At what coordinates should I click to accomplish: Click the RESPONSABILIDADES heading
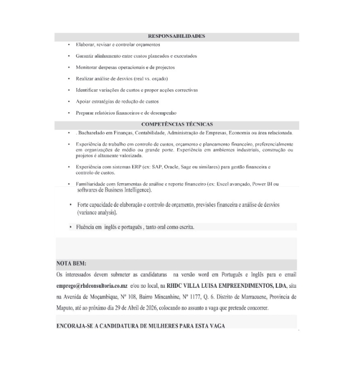(x=176, y=36)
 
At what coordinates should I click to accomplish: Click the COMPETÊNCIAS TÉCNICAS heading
(x=176, y=124)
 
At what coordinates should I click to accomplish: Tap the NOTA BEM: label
(x=71, y=264)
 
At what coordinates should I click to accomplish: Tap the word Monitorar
(x=86, y=67)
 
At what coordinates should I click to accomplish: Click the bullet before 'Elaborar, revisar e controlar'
(x=69, y=45)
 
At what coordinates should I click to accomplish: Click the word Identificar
(x=87, y=90)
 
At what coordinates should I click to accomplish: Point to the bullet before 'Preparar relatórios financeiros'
(x=69, y=113)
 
